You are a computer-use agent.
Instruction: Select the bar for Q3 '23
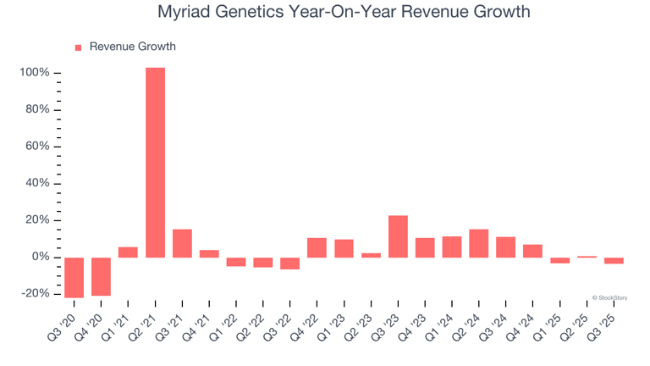(x=398, y=236)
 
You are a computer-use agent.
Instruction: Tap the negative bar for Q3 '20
(x=74, y=277)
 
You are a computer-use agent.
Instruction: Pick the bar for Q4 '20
(x=101, y=276)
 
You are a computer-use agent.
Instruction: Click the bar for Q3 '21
(x=182, y=243)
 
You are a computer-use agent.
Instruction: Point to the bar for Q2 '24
(x=479, y=243)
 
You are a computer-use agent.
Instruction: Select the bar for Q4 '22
(x=317, y=247)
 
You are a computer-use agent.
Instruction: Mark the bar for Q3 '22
(x=290, y=263)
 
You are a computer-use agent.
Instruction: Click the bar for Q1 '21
(x=128, y=252)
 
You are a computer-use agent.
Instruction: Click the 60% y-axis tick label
(x=36, y=147)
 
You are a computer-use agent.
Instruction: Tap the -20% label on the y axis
(x=35, y=294)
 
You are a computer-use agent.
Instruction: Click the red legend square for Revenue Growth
(x=79, y=47)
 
